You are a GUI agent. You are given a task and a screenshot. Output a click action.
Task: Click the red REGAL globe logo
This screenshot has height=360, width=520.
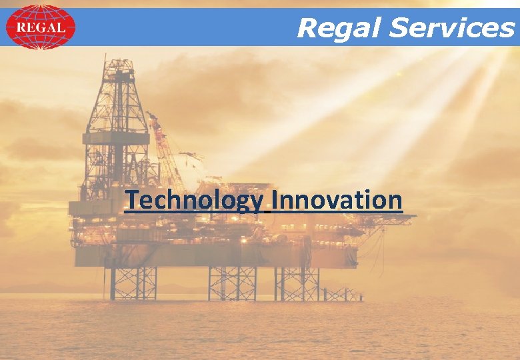pos(40,27)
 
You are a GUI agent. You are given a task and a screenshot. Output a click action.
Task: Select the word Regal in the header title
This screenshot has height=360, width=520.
pos(339,28)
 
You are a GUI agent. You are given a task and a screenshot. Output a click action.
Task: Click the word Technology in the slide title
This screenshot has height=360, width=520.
pos(194,200)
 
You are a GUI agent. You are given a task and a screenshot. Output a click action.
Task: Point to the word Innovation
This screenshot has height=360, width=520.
pos(337,199)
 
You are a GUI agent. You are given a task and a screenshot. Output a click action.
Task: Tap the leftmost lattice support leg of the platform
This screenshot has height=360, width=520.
pos(133,283)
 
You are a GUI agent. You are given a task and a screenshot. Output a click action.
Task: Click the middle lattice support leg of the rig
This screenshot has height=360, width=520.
pos(232,283)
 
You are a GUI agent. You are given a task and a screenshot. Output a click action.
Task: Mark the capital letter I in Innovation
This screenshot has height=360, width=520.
pos(275,199)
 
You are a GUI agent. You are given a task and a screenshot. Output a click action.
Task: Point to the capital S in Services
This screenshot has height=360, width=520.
pos(399,28)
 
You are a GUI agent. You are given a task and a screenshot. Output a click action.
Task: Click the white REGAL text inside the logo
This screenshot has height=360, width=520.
pos(40,27)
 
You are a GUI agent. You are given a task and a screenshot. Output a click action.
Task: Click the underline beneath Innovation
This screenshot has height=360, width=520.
pos(337,213)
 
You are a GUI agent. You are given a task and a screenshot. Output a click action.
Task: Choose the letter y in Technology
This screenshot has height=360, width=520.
pos(257,203)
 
